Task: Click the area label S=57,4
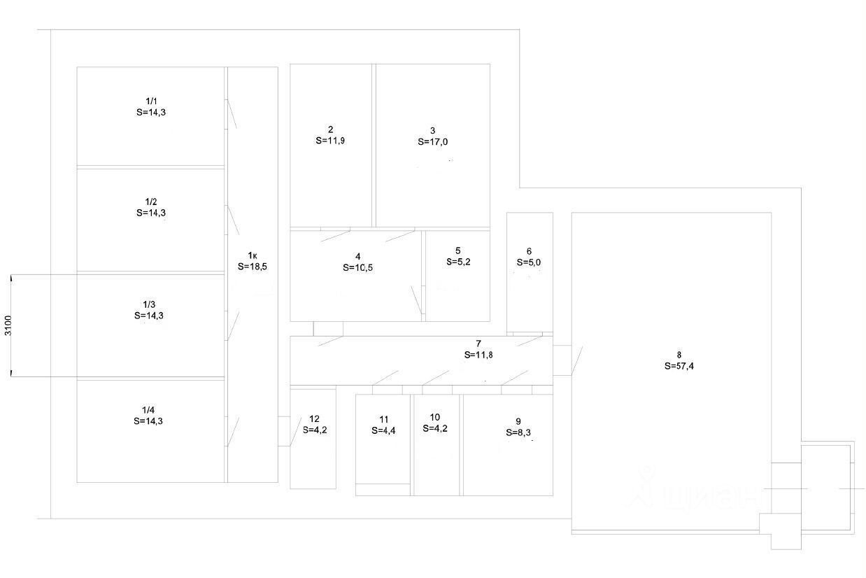(x=679, y=366)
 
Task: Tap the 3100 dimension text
(x=8, y=325)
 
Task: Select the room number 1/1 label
(x=151, y=101)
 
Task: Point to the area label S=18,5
(x=253, y=267)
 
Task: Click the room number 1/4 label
(x=148, y=410)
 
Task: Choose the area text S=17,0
(x=432, y=142)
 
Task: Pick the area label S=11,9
(x=330, y=141)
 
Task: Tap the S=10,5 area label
(x=357, y=267)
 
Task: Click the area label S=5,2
(x=458, y=262)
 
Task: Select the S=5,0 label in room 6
(x=529, y=262)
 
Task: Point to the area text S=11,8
(x=478, y=355)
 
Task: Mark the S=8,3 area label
(x=518, y=432)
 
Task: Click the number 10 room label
(x=434, y=417)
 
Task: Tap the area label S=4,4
(x=383, y=430)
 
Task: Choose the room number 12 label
(x=314, y=418)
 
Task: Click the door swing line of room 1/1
(x=232, y=114)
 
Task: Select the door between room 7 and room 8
(x=577, y=360)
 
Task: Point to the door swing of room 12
(x=296, y=432)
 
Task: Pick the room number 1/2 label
(x=151, y=202)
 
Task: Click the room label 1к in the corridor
(x=253, y=255)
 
